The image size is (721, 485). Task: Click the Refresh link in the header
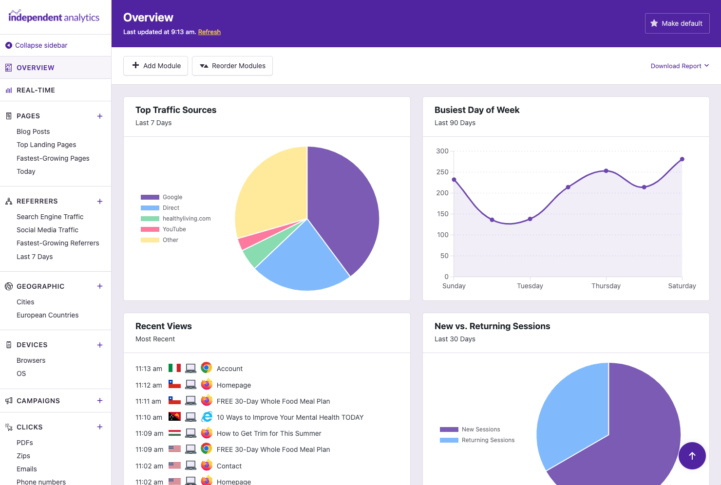pos(209,32)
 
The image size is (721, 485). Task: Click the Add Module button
pos(156,66)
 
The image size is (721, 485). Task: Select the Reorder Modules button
pos(232,66)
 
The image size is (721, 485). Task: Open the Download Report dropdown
pos(680,66)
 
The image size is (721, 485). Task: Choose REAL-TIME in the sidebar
pos(36,90)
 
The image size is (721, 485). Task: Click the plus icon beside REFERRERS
pos(100,201)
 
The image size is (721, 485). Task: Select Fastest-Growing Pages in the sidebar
pos(53,158)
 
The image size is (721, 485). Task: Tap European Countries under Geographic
pos(48,315)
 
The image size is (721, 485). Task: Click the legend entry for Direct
pos(171,208)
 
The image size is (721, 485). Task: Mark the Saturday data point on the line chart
pos(682,159)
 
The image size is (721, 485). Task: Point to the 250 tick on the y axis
pos(442,172)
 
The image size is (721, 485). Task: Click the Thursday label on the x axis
pos(606,286)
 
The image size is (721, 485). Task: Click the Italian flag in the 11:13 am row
pos(174,368)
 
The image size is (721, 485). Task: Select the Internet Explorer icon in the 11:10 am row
pos(207,417)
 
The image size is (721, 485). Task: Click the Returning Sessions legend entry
pos(488,440)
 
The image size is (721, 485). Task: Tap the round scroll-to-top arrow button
pos(692,456)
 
